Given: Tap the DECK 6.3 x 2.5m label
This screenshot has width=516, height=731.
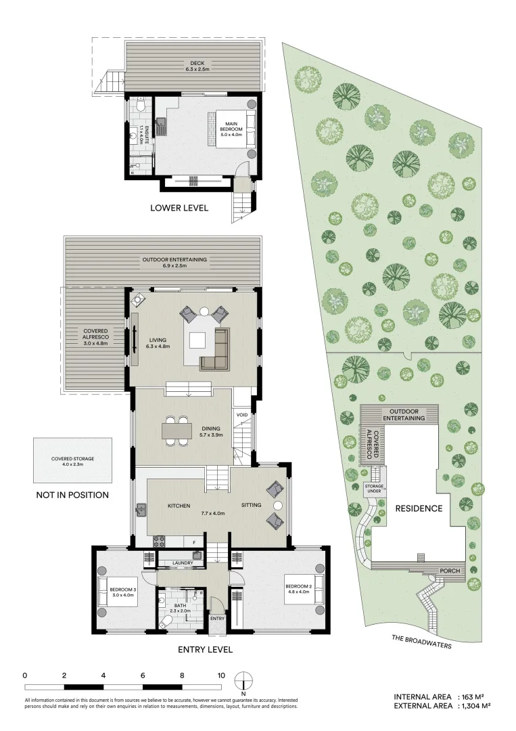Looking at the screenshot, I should (x=193, y=66).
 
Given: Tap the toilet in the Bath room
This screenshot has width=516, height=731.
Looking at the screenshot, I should (x=166, y=621).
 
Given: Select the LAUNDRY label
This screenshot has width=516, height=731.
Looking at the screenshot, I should (x=183, y=562).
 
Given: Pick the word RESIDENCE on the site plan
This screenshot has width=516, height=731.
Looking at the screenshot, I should (x=419, y=508).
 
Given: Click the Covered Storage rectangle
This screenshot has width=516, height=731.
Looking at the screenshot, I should (x=72, y=460).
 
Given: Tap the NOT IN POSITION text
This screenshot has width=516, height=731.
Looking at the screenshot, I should (x=72, y=495).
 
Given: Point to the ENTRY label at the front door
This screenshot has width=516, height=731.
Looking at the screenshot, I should (x=217, y=618).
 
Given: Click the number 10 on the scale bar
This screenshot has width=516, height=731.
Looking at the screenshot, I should (x=221, y=675).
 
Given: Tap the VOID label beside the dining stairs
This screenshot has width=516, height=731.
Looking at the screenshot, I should (x=241, y=415).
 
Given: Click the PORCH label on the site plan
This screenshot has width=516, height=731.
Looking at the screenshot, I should (x=450, y=571).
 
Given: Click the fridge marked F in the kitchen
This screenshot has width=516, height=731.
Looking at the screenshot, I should (x=194, y=542).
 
